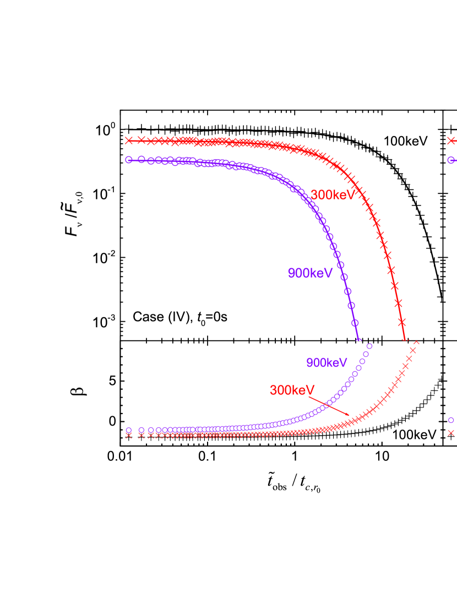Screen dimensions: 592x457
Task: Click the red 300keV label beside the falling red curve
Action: pos(333,195)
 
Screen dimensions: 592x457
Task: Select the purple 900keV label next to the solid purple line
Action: pos(310,273)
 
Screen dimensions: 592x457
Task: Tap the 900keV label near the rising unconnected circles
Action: pos(327,363)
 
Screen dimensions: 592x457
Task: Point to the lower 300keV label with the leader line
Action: pos(292,390)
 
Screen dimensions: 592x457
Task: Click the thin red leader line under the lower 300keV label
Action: pos(329,405)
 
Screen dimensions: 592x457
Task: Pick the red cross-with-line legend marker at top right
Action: pos(451,141)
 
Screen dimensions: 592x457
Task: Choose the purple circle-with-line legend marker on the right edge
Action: pos(451,160)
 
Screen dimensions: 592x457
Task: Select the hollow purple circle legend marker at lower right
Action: pos(451,420)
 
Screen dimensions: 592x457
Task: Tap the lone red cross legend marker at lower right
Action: pos(451,433)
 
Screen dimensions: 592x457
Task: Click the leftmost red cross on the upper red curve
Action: pos(128,140)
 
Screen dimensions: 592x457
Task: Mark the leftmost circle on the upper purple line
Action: pos(128,160)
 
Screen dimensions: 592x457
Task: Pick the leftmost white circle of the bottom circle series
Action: pos(128,430)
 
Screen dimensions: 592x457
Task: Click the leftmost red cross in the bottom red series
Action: pos(128,436)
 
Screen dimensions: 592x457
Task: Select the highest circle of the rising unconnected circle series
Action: pos(369,346)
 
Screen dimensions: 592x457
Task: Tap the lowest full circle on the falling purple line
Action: pos(355,323)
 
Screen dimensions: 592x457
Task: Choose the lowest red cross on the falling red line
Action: pos(401,321)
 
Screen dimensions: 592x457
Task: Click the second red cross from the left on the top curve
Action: pos(141,140)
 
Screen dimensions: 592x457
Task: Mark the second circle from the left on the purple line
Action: pos(141,159)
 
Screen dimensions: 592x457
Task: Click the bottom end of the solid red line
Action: pos(405,340)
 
